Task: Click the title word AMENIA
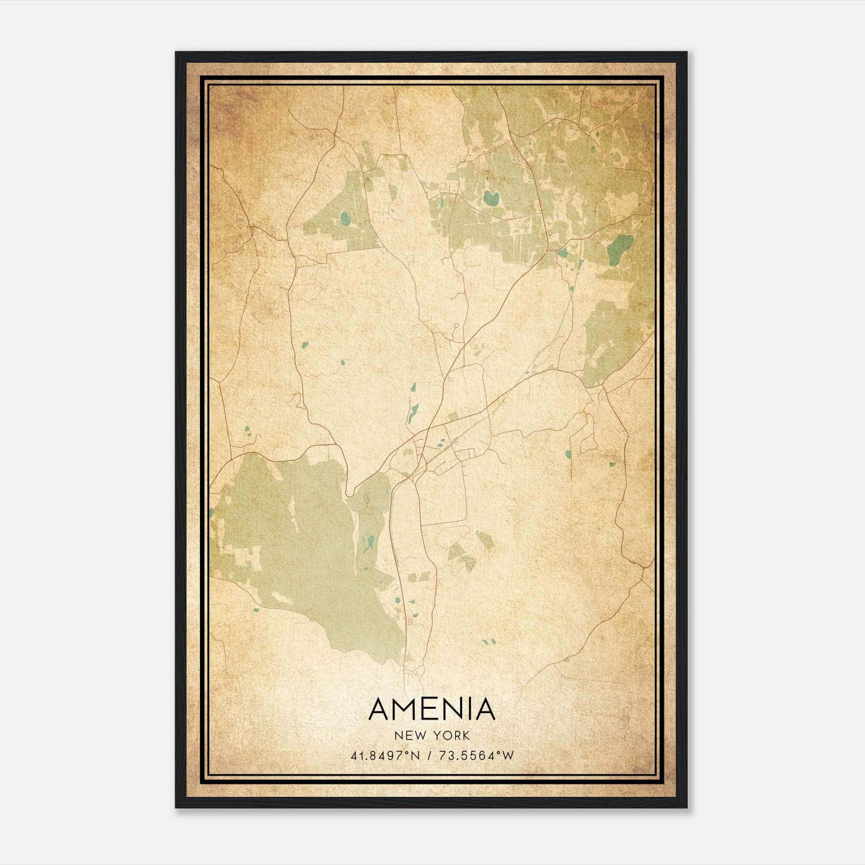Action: coord(432,709)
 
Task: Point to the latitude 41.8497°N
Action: coord(385,756)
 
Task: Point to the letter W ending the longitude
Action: coord(508,756)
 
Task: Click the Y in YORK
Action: coord(438,736)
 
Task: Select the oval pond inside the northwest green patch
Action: coord(345,218)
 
